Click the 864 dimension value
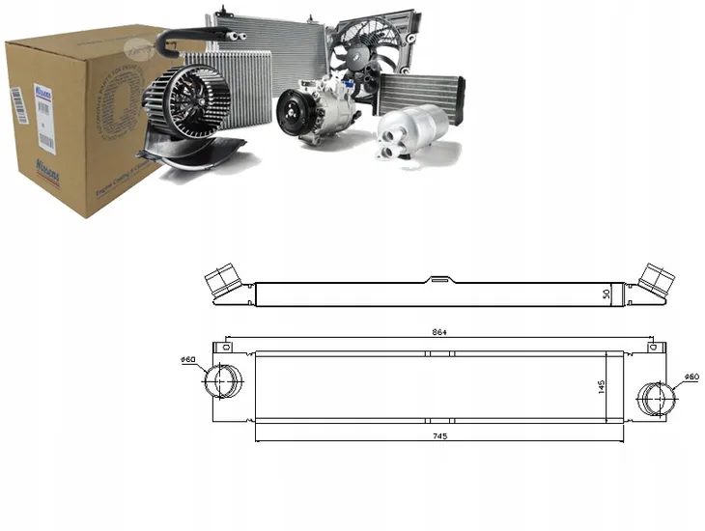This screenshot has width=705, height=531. click(x=439, y=331)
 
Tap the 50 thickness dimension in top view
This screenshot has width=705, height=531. click(x=606, y=293)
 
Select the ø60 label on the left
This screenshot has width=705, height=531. click(x=188, y=361)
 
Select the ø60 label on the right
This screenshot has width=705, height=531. click(x=691, y=376)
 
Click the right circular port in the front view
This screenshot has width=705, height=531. click(x=656, y=395)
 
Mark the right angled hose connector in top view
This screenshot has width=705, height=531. click(x=659, y=279)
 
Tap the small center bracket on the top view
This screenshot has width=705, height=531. click(x=439, y=280)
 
